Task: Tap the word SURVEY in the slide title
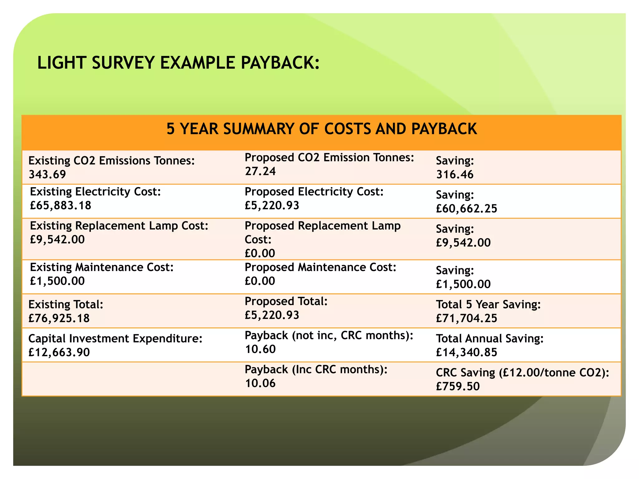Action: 123,63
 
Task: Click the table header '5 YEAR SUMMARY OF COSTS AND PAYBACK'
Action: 321,129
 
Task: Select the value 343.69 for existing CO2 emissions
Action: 47,174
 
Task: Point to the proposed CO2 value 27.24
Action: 260,171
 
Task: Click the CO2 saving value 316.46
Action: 455,174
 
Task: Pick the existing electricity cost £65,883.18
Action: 61,205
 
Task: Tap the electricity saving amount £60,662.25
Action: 466,208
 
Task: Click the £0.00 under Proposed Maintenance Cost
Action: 260,281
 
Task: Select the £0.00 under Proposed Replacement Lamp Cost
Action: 260,253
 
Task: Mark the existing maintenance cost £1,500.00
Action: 57,281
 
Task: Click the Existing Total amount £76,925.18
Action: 59,318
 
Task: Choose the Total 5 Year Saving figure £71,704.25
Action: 466,318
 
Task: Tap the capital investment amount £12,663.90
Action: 59,352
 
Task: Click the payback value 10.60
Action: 260,349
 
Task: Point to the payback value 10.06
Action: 260,383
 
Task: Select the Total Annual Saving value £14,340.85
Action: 466,352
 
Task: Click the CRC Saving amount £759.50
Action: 458,386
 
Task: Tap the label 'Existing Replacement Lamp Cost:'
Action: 119,225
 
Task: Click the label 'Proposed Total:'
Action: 286,301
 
